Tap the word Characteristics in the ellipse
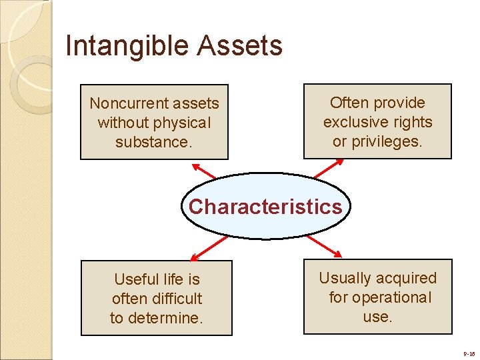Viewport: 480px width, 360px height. [x=265, y=207]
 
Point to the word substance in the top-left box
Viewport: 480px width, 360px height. [x=151, y=142]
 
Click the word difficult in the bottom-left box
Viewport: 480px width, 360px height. [x=175, y=299]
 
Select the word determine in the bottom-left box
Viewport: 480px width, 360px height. [x=167, y=318]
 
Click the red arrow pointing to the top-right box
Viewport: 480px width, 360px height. [x=329, y=169]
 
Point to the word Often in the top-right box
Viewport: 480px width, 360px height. [x=349, y=103]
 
